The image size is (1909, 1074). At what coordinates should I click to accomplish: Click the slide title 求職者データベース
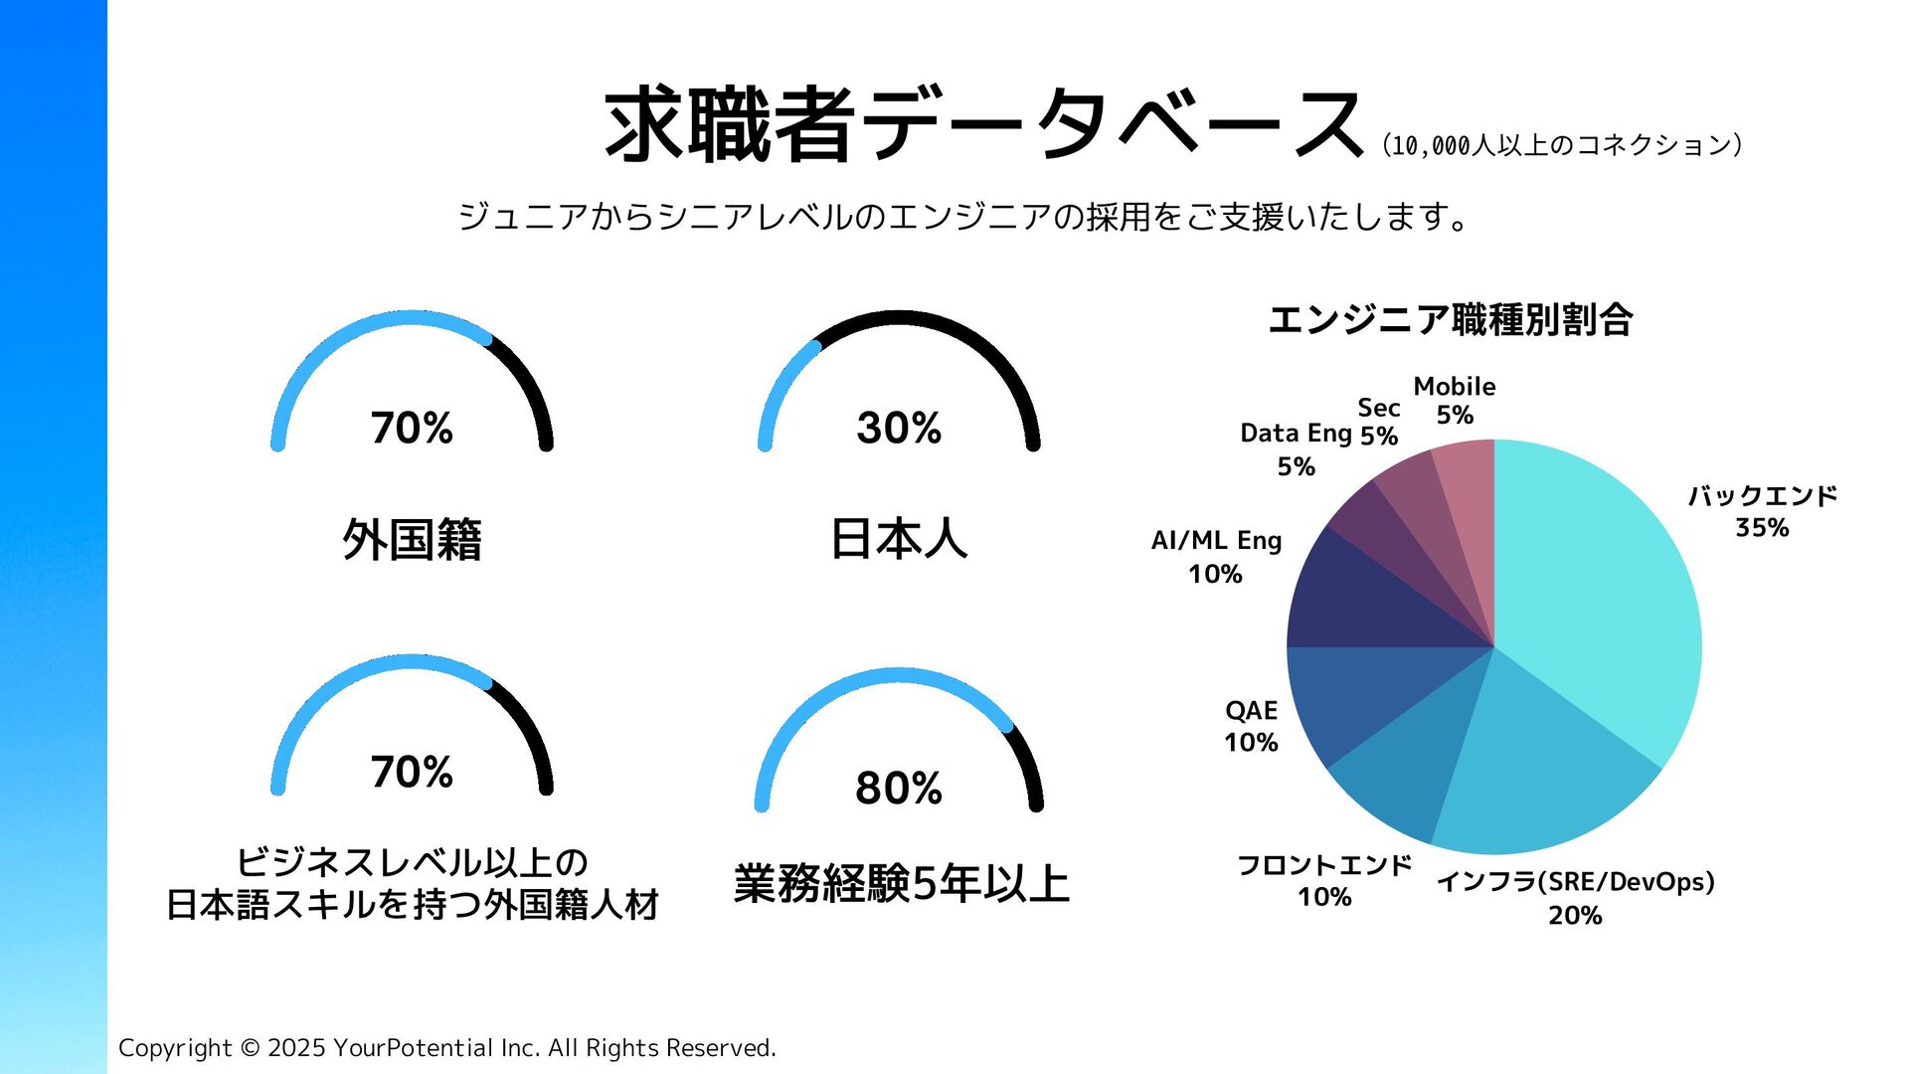click(x=982, y=125)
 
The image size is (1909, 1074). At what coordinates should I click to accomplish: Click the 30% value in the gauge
click(x=899, y=429)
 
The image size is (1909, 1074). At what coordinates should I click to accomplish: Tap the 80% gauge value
click(x=899, y=789)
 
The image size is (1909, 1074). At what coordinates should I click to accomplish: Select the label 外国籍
click(x=412, y=540)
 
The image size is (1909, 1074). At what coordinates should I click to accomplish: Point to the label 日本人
click(x=899, y=540)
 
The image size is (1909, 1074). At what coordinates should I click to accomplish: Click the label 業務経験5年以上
click(x=901, y=884)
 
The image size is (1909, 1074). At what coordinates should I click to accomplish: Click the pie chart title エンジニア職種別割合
click(x=1450, y=320)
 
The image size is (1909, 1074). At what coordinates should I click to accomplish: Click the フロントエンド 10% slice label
click(x=1323, y=880)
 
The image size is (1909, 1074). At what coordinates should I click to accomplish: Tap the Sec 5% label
click(x=1379, y=422)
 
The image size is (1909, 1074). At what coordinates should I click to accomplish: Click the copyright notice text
click(x=447, y=1047)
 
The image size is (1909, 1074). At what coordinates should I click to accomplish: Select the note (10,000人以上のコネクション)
click(x=1561, y=145)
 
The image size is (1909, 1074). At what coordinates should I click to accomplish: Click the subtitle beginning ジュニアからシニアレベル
click(x=962, y=216)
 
